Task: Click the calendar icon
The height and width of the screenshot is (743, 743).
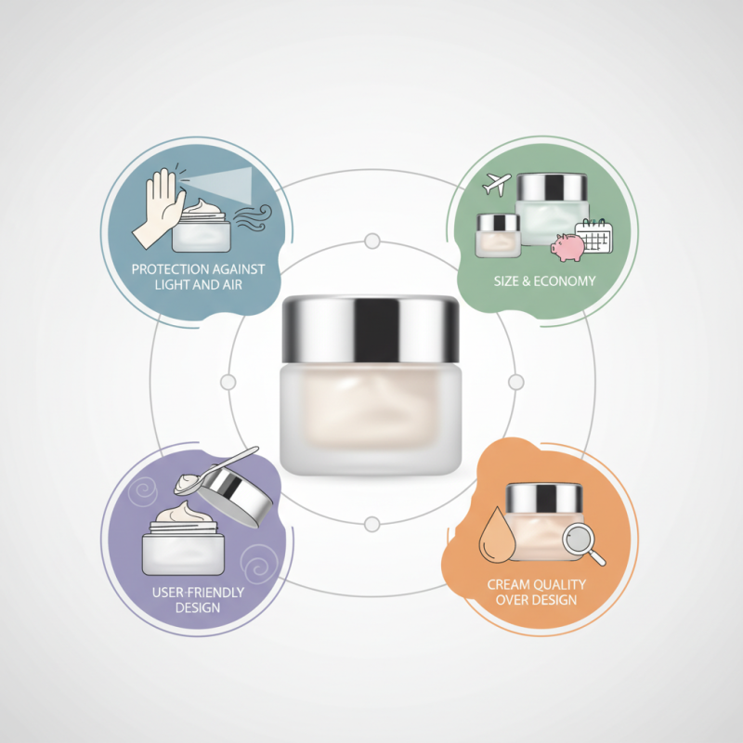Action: pos(593,236)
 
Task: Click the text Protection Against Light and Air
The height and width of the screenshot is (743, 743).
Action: pos(198,276)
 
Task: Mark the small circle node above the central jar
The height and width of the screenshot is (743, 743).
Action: pos(372,241)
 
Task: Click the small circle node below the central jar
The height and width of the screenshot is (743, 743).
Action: pos(372,524)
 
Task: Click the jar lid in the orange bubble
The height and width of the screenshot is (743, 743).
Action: pos(544,496)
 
